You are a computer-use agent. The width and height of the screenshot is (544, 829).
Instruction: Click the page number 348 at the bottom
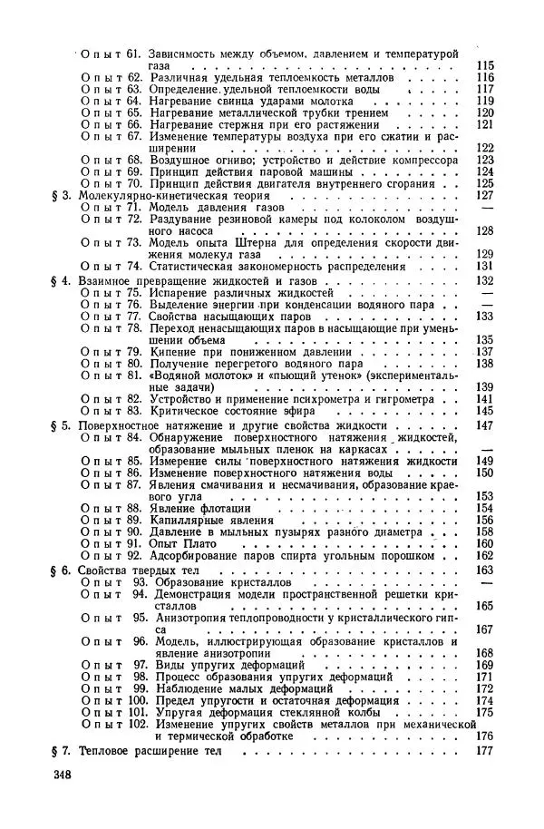(x=62, y=774)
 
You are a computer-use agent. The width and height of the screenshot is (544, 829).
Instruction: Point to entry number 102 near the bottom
(x=137, y=726)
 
